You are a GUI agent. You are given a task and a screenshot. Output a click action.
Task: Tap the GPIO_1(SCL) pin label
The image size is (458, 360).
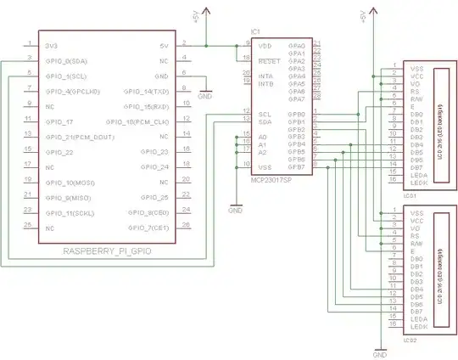[66, 76]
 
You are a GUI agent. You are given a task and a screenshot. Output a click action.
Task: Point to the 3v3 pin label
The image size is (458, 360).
[52, 45]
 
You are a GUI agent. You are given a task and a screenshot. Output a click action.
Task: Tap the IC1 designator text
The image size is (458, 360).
[255, 31]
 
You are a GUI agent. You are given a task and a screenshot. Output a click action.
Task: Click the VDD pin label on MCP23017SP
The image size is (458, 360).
[265, 45]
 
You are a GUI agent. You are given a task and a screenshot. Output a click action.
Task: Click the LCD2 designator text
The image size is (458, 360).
[410, 338]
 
